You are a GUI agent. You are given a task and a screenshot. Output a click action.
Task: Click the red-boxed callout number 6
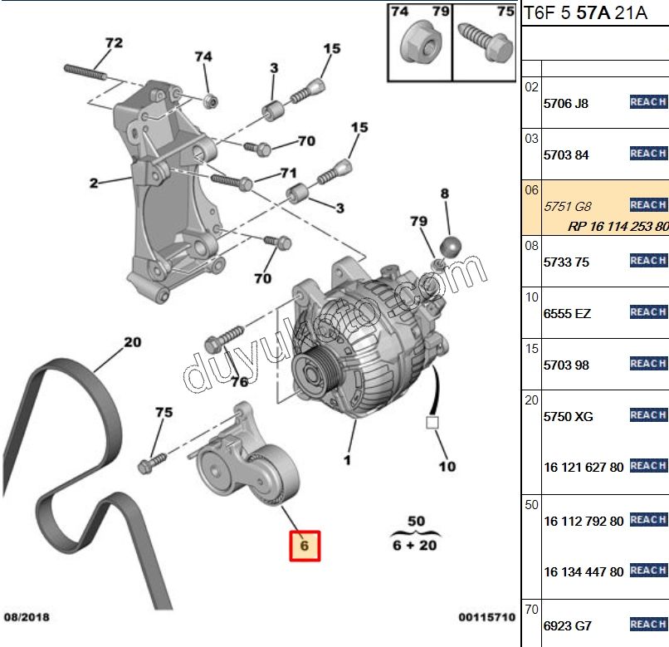click(304, 546)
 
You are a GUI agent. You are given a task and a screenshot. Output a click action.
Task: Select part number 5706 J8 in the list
click(565, 104)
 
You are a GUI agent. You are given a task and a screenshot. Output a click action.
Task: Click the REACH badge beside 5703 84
click(647, 154)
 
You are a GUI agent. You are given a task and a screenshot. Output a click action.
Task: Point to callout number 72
click(114, 42)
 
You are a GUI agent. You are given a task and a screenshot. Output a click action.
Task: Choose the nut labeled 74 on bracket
click(211, 101)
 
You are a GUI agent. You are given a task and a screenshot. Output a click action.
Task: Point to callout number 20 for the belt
click(132, 341)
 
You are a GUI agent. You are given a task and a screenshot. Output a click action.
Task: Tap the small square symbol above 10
click(431, 422)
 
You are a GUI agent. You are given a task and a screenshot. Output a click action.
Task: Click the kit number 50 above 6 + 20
click(416, 522)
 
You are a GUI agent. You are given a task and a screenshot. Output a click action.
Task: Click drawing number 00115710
click(486, 617)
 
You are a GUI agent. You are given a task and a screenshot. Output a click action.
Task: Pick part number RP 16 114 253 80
click(618, 226)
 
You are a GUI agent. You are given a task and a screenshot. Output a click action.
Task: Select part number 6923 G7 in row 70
click(566, 625)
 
